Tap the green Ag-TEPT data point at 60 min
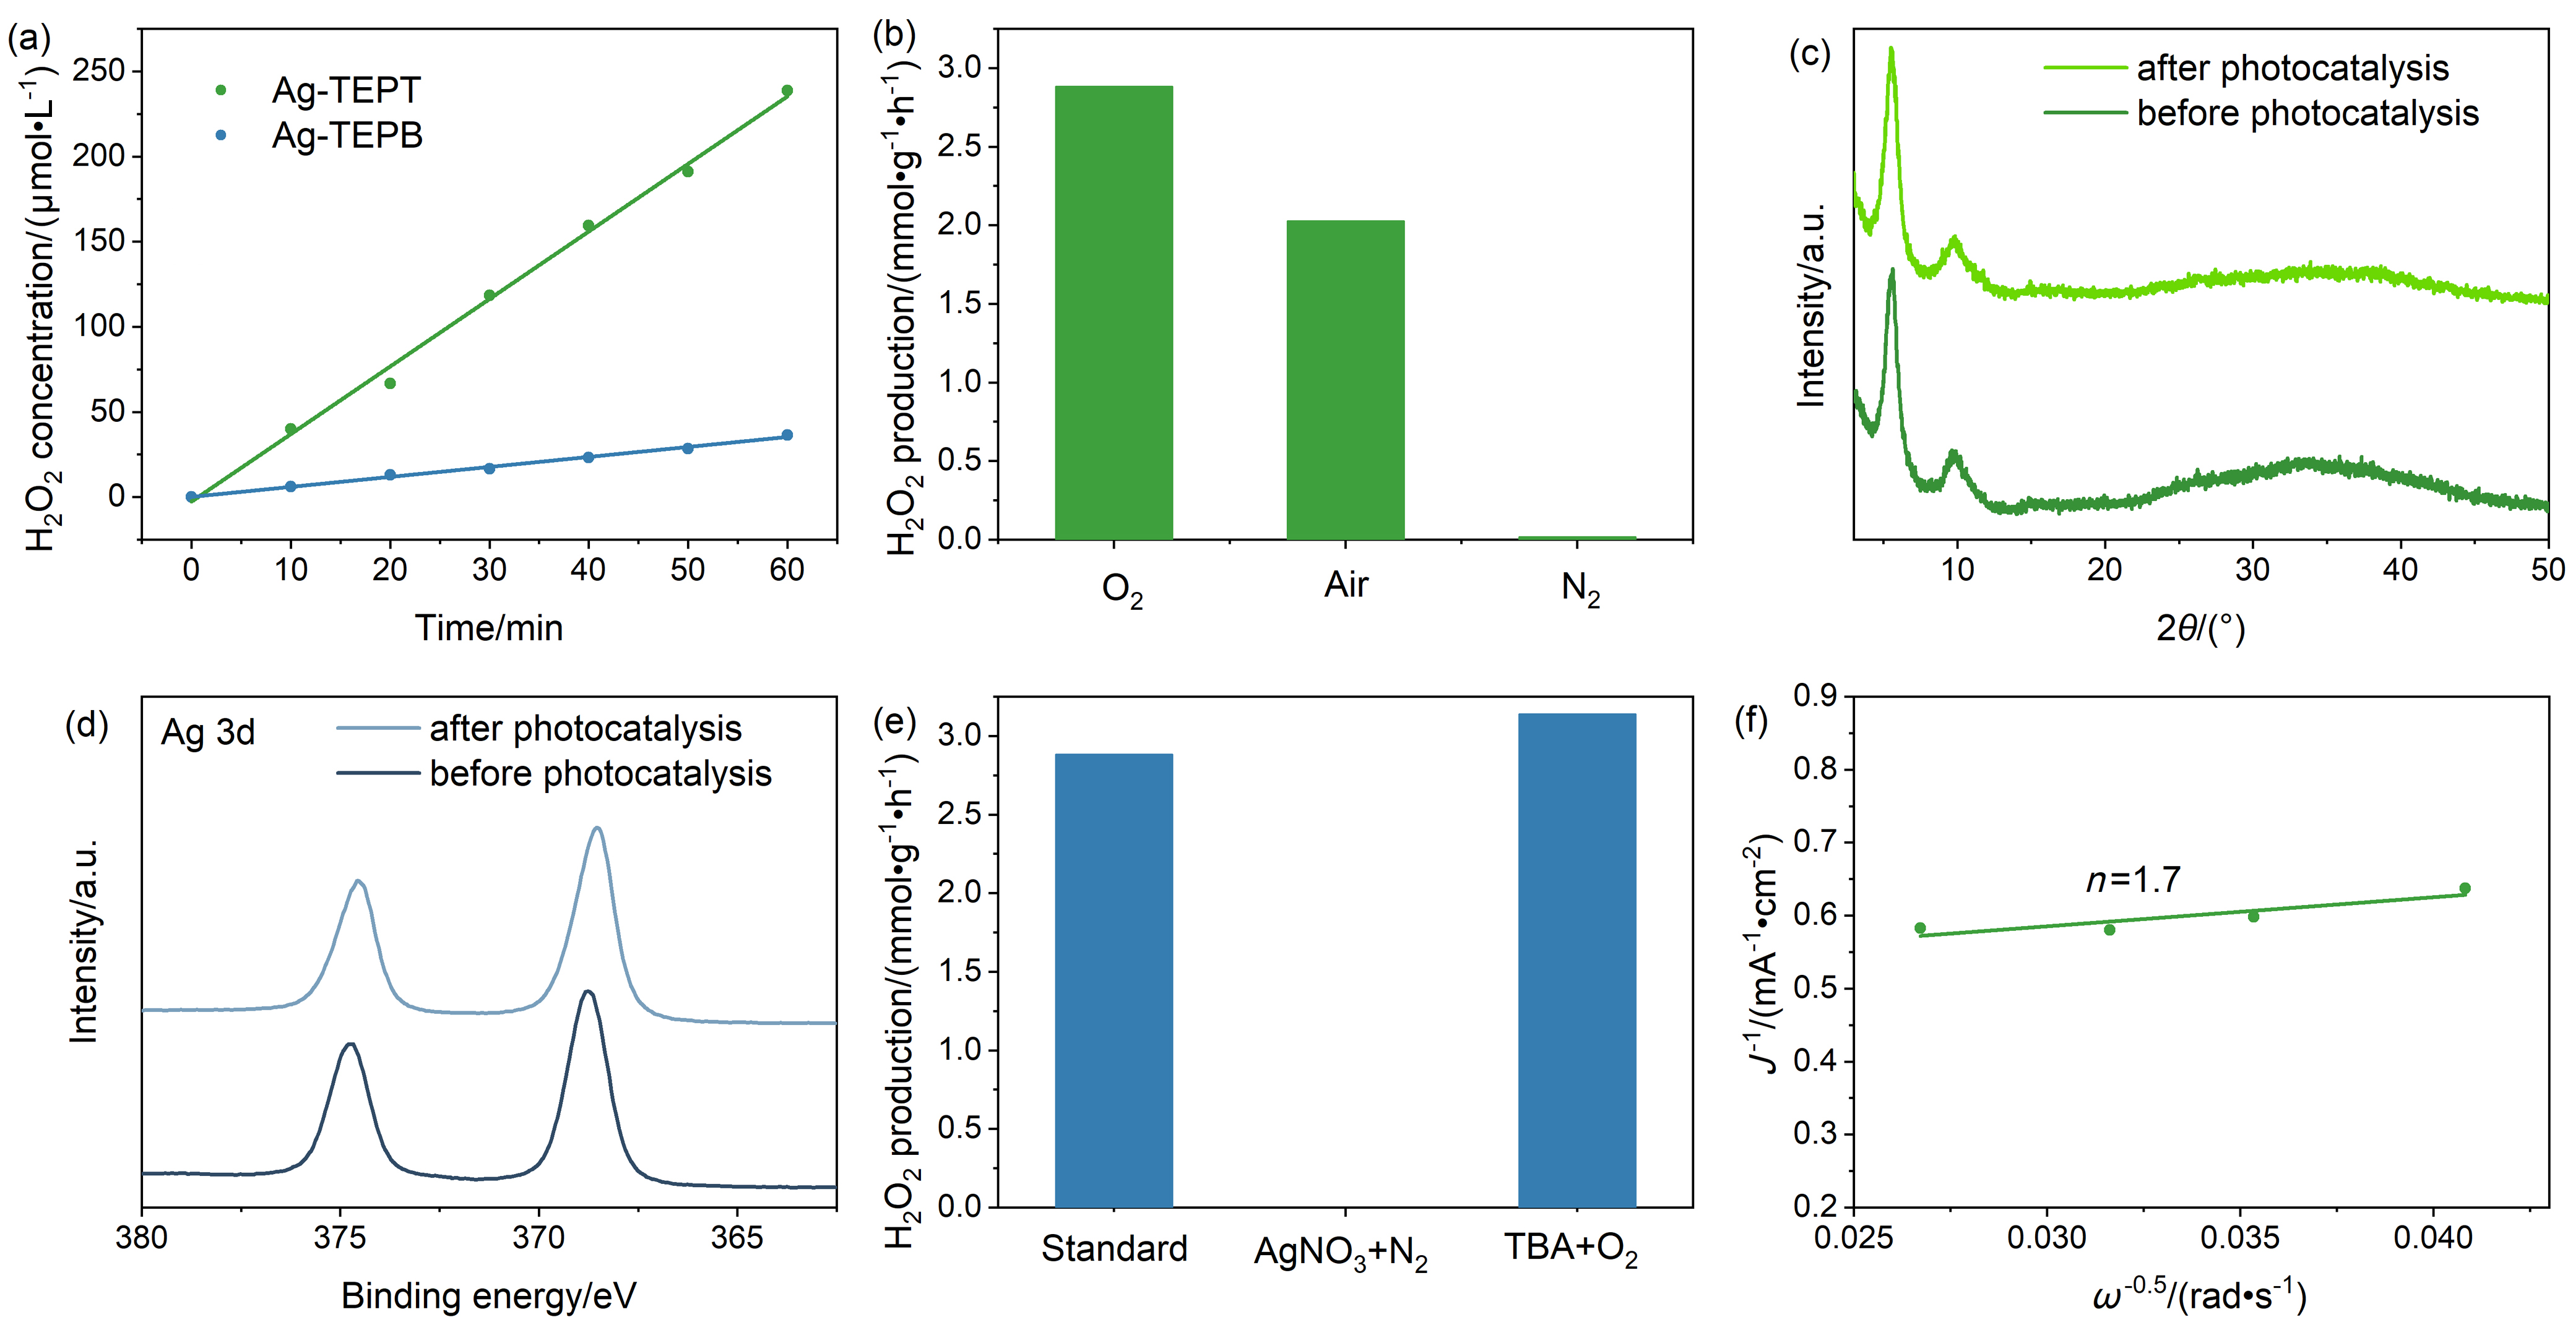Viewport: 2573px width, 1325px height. (x=787, y=91)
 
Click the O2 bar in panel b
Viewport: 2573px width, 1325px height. (x=1114, y=312)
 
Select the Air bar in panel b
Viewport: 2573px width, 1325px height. (x=1346, y=379)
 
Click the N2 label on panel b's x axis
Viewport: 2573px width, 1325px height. (x=1580, y=589)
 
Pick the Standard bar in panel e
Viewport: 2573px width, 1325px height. (x=1114, y=980)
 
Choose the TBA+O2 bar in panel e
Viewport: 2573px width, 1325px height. (x=1577, y=961)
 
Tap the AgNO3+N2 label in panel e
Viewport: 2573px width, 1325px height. (x=1341, y=1252)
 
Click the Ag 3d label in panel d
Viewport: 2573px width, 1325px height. (x=208, y=733)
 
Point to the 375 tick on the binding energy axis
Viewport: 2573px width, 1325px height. (x=340, y=1238)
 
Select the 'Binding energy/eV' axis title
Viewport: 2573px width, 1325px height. (x=488, y=1296)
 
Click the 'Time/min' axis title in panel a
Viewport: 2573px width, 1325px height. (x=488, y=628)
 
